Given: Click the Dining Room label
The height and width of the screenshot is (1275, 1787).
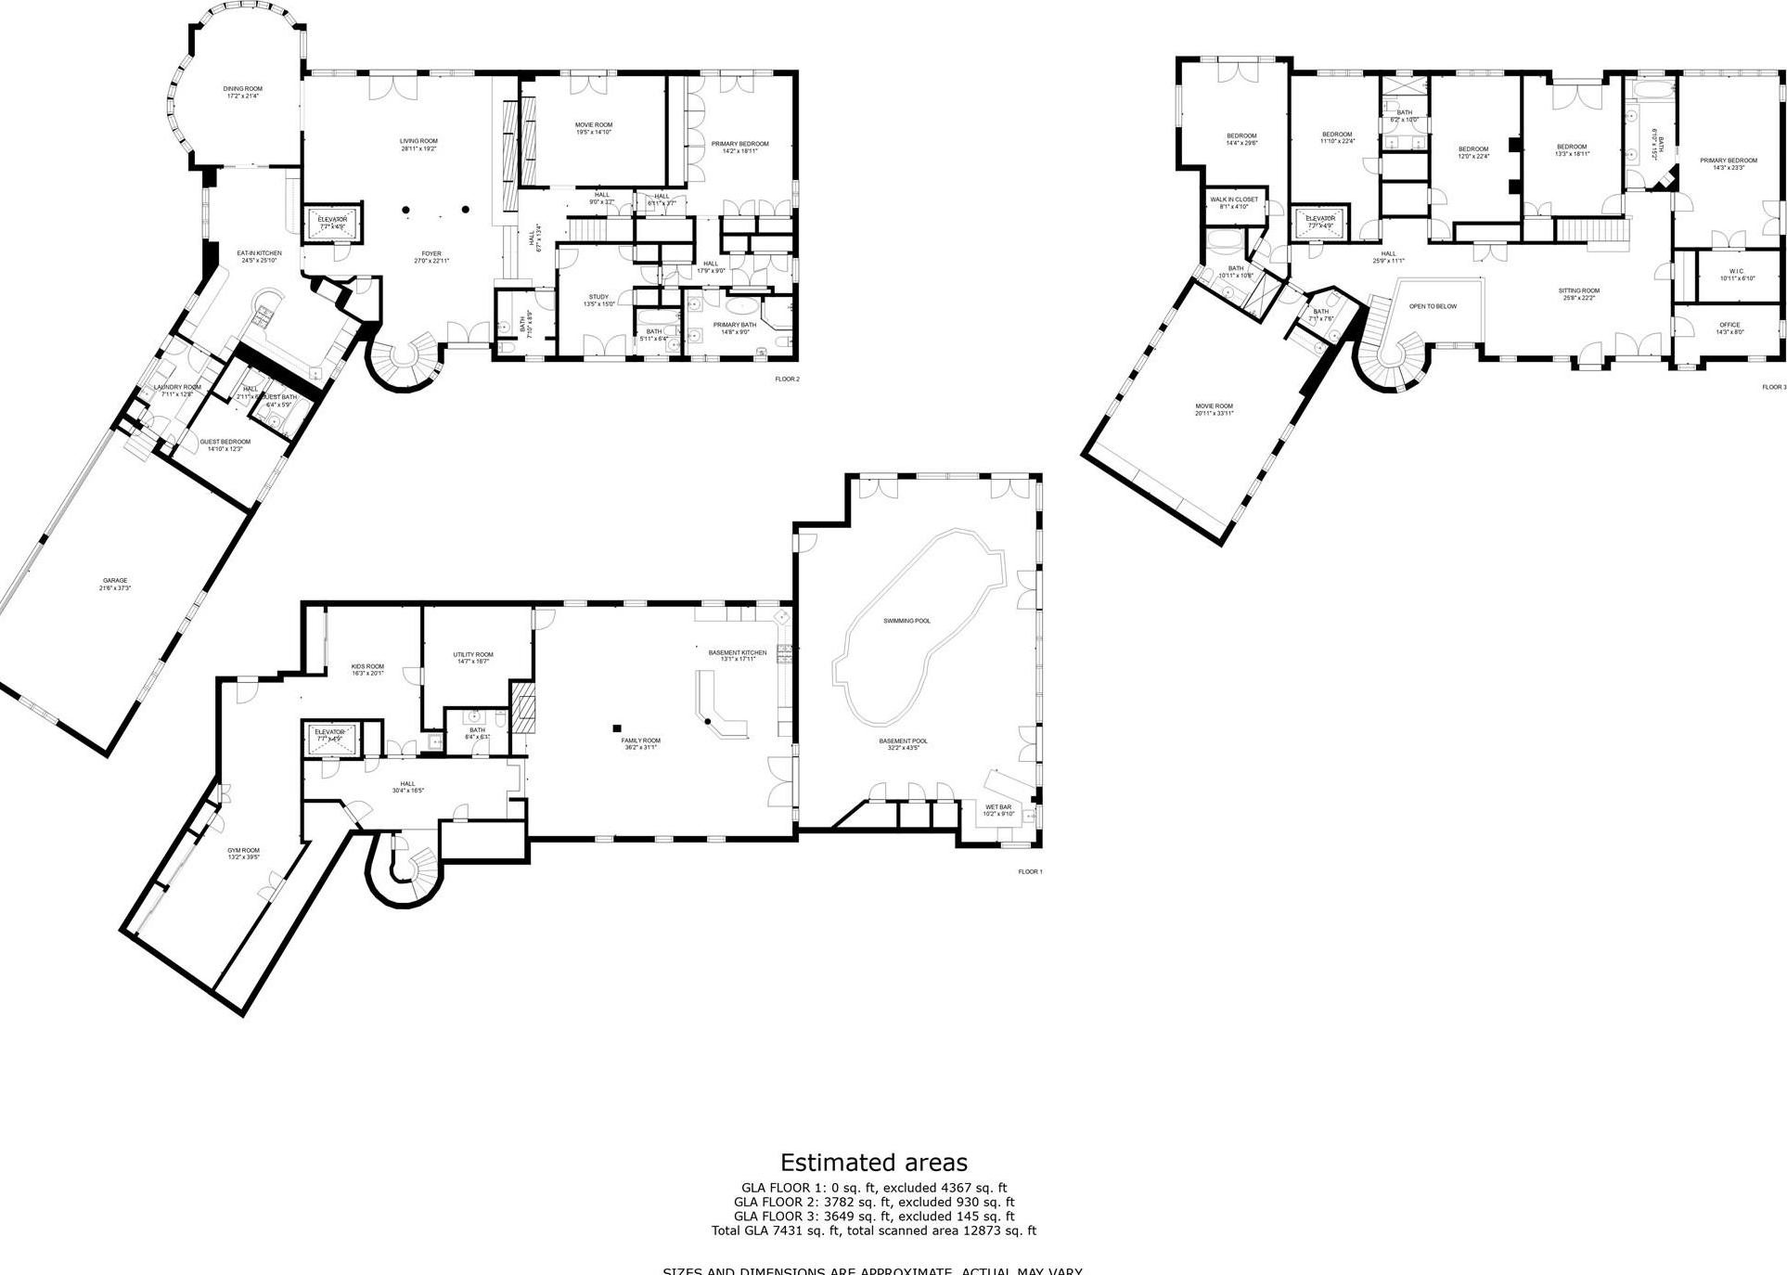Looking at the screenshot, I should [242, 92].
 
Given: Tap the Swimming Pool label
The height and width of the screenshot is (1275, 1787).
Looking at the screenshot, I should [906, 621].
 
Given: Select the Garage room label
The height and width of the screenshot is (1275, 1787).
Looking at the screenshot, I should [115, 584].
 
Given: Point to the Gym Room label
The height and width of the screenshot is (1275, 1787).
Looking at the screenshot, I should [243, 854].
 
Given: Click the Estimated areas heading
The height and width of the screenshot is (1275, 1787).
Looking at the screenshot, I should [873, 1163].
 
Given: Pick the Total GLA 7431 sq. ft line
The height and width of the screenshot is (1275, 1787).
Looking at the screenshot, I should [873, 1230].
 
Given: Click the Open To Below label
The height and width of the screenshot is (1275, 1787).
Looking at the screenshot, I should [1433, 306].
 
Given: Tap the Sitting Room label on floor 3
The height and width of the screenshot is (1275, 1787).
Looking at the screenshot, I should [1578, 293].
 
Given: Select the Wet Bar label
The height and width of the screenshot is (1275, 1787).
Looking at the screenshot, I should [998, 810].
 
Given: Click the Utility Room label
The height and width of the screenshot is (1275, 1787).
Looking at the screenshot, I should [473, 657].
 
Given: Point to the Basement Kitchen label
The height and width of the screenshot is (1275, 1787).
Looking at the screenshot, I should [738, 655].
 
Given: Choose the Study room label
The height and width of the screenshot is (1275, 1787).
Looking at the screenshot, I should [598, 300].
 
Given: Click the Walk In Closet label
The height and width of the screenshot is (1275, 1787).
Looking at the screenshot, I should [1234, 202].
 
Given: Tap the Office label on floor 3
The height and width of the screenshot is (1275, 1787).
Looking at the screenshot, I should [1729, 328].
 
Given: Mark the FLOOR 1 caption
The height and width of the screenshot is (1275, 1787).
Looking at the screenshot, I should [1030, 871].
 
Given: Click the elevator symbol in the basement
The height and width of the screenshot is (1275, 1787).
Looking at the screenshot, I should [329, 736].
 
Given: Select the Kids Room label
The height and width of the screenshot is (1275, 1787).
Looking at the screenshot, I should [367, 669].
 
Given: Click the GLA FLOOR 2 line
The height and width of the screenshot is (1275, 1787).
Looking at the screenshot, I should [873, 1202].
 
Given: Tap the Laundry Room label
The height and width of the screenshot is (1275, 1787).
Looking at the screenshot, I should [176, 390].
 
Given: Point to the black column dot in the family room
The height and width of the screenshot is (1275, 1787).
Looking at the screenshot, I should [615, 728].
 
